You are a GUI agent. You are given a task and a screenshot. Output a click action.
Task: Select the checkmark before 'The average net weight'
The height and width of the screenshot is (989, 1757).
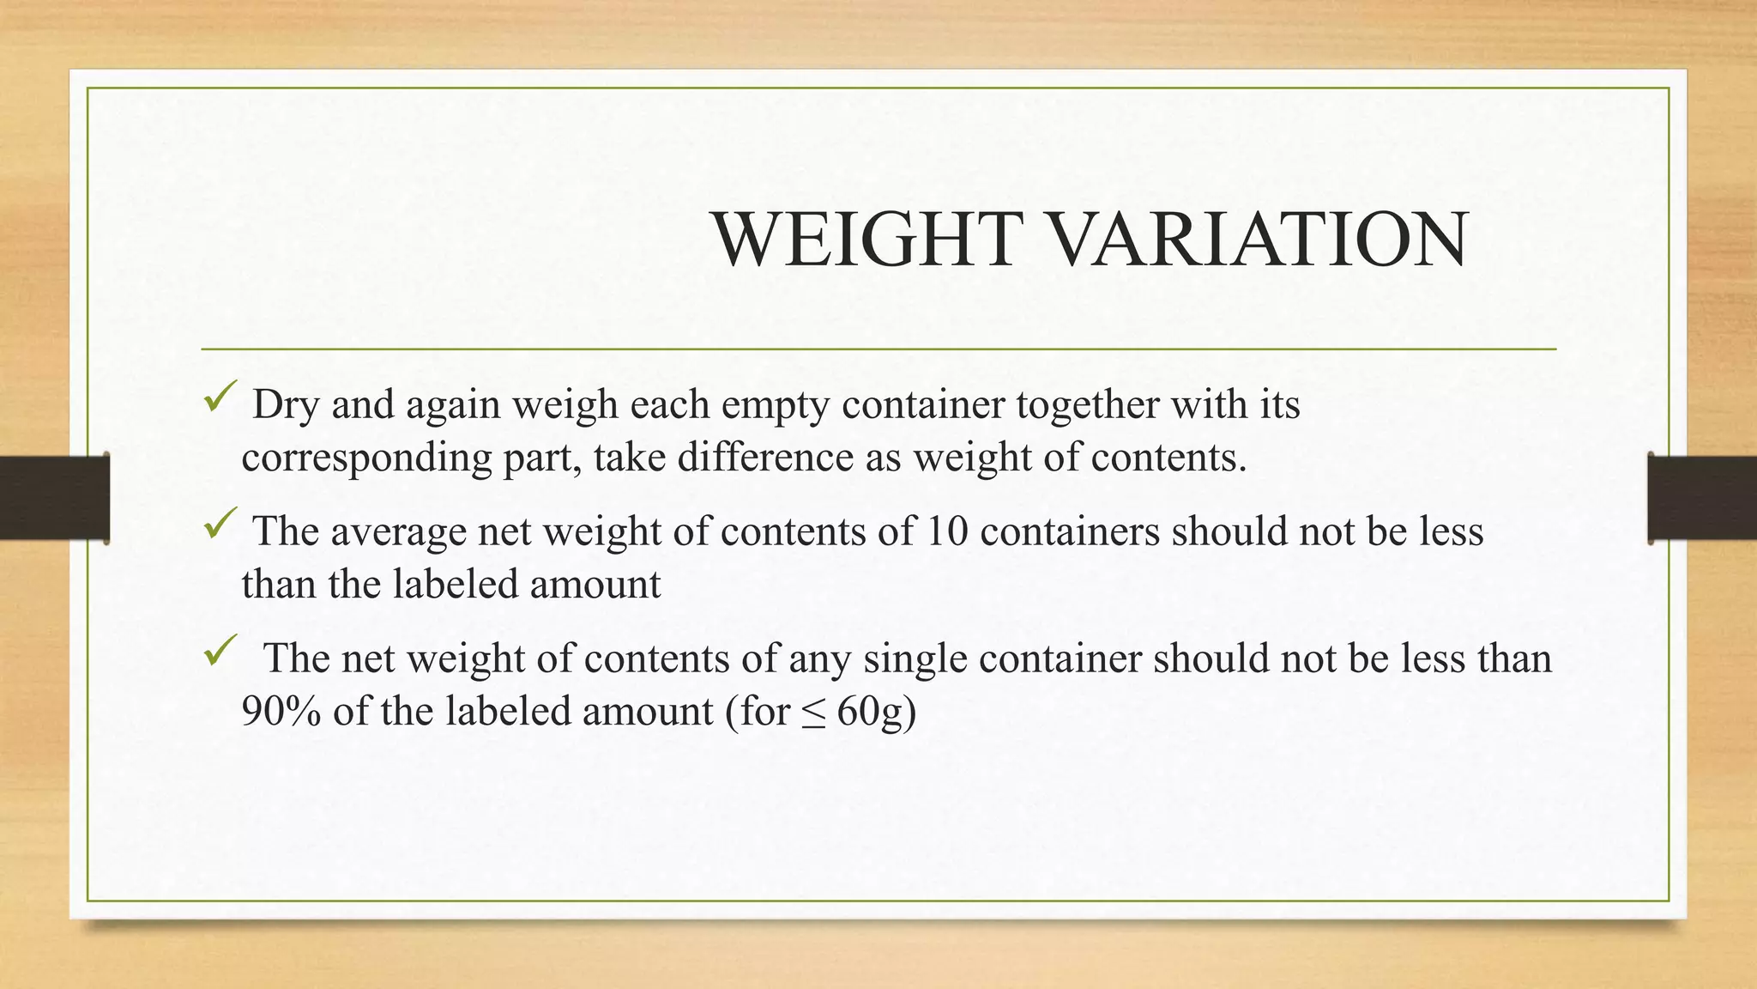point(219,525)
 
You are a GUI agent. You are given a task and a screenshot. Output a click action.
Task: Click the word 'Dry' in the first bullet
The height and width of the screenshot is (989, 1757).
point(286,405)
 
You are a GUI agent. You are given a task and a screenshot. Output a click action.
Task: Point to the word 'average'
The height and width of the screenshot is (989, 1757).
point(399,532)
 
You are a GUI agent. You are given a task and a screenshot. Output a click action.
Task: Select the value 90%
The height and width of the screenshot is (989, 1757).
point(281,712)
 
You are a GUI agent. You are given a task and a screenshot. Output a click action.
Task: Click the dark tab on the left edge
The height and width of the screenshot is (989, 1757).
point(54,498)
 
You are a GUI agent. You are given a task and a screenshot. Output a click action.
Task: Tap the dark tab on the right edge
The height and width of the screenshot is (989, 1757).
point(1702,498)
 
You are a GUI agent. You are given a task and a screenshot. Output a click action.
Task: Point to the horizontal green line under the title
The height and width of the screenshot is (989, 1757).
point(878,349)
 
